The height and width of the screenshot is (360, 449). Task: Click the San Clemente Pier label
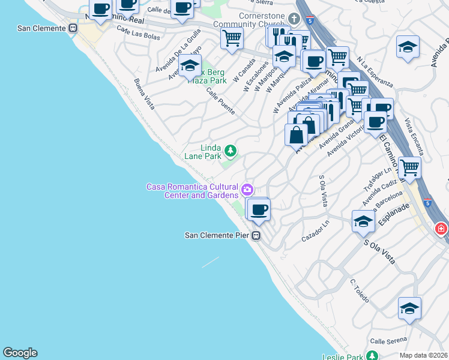[217, 235]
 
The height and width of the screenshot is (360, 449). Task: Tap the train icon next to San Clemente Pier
[256, 236]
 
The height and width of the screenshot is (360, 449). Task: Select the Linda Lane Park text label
[203, 152]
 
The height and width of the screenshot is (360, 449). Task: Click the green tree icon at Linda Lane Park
[230, 149]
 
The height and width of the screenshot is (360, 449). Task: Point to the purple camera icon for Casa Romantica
[247, 191]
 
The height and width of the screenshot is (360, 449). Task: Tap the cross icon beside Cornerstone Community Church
[294, 18]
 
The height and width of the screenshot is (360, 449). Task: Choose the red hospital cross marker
[442, 229]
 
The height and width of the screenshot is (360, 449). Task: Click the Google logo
[20, 353]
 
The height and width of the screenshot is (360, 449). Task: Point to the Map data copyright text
[423, 355]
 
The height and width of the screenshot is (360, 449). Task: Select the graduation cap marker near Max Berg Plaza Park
[190, 67]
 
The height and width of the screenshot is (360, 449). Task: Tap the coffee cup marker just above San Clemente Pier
[259, 211]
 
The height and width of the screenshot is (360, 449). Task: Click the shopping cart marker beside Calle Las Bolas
[232, 39]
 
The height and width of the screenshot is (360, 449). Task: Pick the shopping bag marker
[296, 134]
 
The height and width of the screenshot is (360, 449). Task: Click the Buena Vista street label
[145, 94]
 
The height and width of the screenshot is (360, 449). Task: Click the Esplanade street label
[394, 214]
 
